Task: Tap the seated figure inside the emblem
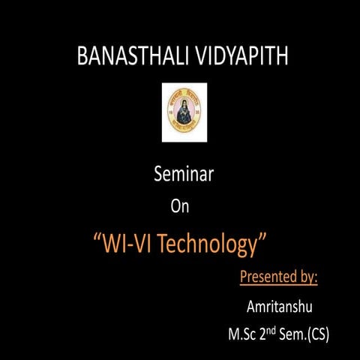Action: (184, 114)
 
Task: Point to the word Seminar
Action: (184, 175)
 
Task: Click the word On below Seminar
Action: (181, 208)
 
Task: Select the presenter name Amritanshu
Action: (279, 307)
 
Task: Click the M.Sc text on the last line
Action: (242, 333)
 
